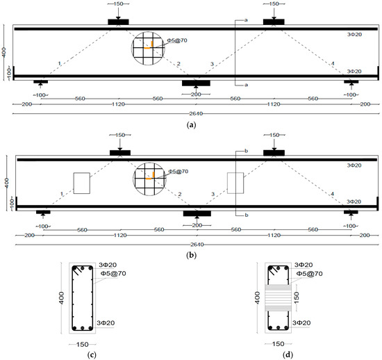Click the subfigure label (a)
[191, 125]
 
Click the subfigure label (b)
[191, 255]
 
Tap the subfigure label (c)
[92, 354]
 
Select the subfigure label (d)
[288, 354]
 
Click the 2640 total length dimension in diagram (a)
[196, 113]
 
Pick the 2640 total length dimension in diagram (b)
[197, 245]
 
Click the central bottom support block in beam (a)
[196, 83]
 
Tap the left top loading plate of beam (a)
[118, 22]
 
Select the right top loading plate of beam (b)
[274, 153]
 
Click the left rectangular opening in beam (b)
[82, 183]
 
